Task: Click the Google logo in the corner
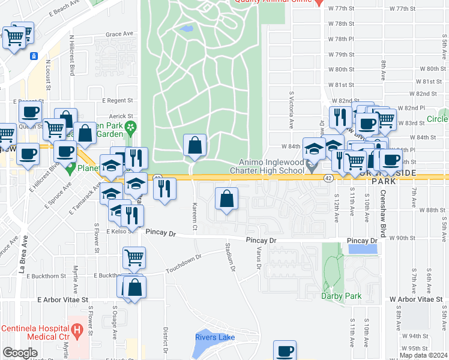tap(20, 353)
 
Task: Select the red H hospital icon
tap(77, 329)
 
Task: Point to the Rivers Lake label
tap(215, 337)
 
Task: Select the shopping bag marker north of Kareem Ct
tap(195, 146)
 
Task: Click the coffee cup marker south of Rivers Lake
tap(285, 350)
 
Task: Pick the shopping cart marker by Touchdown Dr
tap(134, 258)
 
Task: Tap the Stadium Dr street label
tap(230, 256)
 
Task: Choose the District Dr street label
tap(164, 340)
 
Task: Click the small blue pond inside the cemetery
tap(186, 28)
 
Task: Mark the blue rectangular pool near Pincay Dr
tap(363, 248)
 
